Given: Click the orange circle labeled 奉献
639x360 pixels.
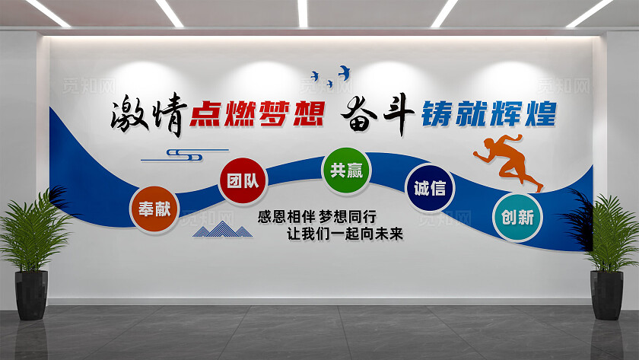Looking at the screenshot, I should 154,208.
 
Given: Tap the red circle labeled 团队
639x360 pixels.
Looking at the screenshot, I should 242,182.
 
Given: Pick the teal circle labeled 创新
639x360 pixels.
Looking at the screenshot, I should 517,217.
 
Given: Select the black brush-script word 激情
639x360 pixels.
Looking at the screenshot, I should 148,116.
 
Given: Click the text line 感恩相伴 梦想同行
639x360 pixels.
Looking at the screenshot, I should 318,215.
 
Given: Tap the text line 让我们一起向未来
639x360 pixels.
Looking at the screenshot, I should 343,233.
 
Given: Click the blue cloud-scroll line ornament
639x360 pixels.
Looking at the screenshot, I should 183,155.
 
